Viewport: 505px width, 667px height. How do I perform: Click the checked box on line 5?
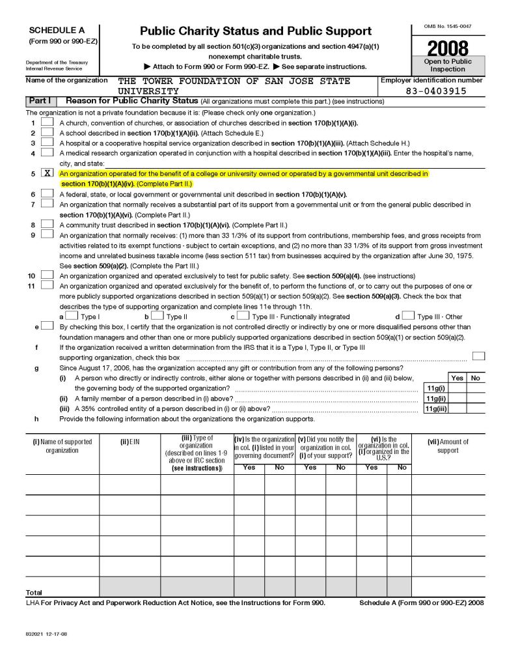click(47, 175)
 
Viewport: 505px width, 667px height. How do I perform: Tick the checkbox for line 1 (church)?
click(47, 122)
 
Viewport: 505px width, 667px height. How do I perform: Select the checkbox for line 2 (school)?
click(47, 132)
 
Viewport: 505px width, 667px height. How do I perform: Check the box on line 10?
click(47, 276)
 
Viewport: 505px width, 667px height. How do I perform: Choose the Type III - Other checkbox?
click(409, 316)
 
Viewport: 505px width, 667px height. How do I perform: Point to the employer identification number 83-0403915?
click(435, 91)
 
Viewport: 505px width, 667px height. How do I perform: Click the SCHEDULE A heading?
click(57, 30)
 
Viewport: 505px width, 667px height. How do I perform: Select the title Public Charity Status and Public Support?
click(256, 31)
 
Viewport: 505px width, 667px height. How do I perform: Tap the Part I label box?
click(41, 102)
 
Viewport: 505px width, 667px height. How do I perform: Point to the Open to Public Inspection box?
click(448, 65)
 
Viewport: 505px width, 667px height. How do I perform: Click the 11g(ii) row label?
click(435, 399)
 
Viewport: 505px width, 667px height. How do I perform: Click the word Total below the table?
click(33, 593)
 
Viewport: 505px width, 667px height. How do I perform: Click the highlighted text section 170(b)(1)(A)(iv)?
click(98, 184)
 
